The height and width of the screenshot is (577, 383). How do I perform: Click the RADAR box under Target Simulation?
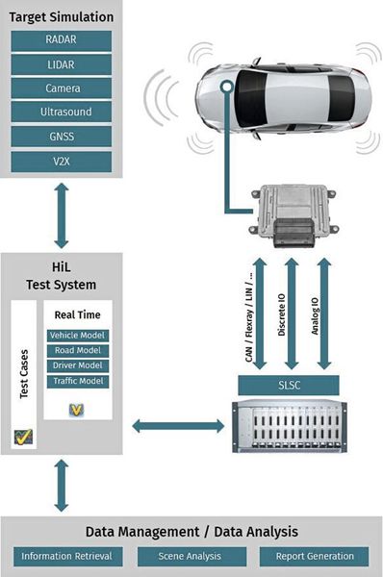pos(62,40)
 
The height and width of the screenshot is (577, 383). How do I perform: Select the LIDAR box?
pos(62,64)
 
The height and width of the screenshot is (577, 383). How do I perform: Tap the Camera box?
pos(62,88)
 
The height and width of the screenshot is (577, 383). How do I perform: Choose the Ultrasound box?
pos(62,112)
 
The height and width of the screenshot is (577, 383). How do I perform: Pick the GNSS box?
pos(62,137)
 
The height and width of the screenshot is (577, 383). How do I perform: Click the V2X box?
pos(62,162)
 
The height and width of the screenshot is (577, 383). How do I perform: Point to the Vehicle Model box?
pos(78,336)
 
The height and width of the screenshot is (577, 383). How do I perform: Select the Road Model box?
pos(78,351)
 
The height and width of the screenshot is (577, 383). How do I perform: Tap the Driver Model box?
pos(78,365)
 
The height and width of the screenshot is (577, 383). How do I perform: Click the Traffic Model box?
pos(78,381)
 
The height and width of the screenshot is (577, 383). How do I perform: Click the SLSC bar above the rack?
pos(289,386)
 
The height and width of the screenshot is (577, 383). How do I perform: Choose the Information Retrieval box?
pos(67,557)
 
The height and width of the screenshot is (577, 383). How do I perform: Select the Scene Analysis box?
pos(191,557)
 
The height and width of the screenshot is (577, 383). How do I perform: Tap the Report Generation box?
pos(314,557)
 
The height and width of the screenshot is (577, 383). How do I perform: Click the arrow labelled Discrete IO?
pos(292,314)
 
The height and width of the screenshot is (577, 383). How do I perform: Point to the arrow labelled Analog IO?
pos(324,314)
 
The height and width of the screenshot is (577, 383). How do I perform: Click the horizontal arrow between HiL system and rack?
pos(178,426)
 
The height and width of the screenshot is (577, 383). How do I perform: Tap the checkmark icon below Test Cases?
pos(23,437)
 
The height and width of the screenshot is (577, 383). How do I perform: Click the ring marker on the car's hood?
pos(227,87)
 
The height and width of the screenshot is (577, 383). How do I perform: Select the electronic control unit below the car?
pos(294,215)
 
